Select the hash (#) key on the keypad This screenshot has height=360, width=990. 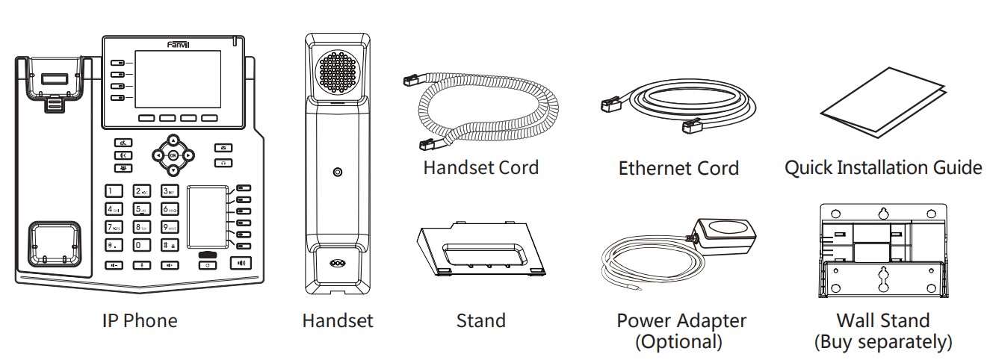click(170, 244)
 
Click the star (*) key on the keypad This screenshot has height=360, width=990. click(114, 244)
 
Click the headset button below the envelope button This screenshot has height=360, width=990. click(223, 162)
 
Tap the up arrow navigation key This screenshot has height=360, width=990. click(173, 140)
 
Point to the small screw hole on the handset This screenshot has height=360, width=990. click(338, 173)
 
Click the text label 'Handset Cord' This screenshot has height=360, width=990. click(480, 167)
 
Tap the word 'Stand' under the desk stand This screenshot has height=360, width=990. click(480, 321)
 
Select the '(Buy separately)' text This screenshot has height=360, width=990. click(882, 342)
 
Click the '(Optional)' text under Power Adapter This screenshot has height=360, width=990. click(678, 342)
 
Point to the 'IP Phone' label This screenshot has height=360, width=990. click(140, 321)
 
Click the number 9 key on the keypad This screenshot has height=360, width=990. click(170, 226)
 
